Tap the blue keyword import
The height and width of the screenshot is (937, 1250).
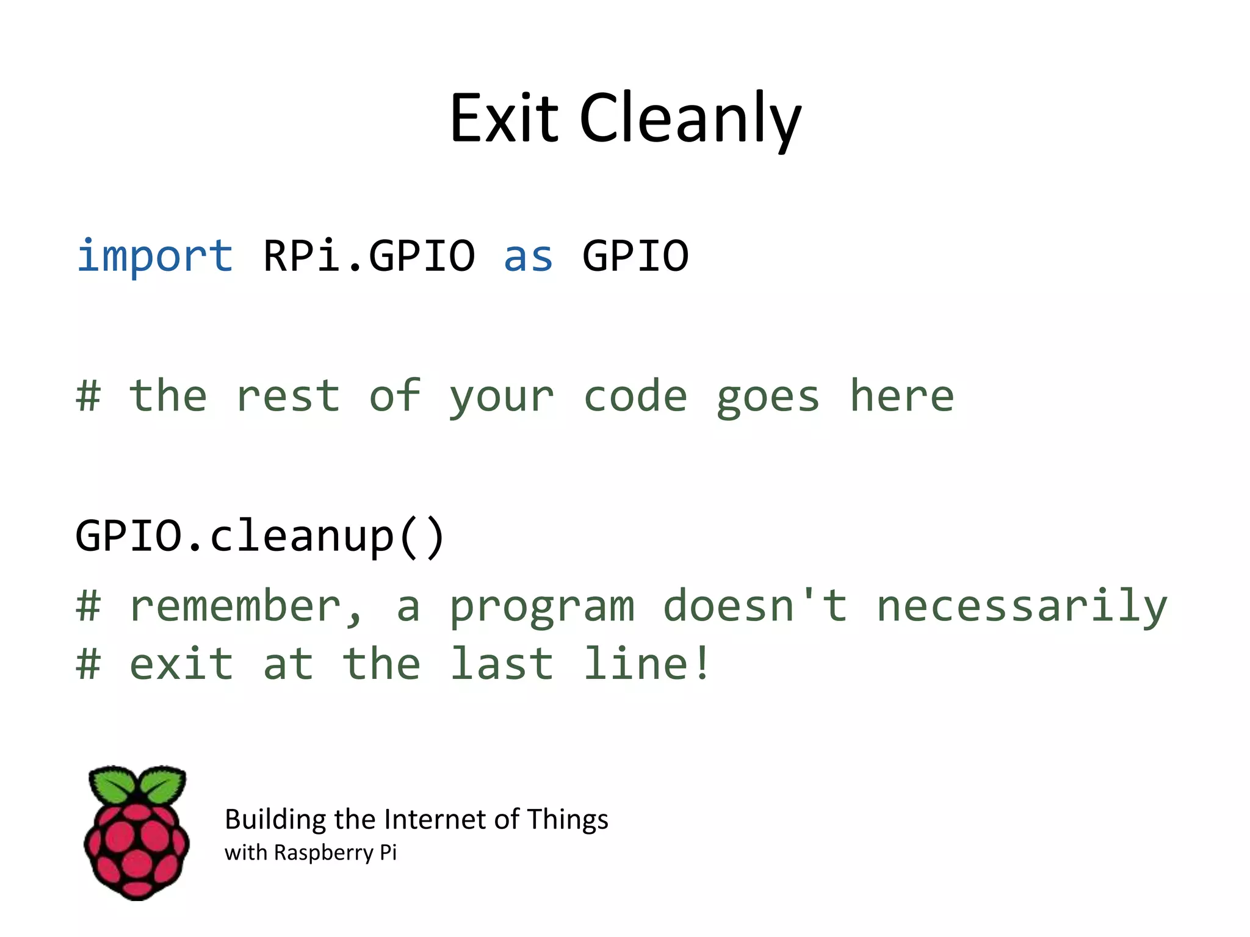[155, 256]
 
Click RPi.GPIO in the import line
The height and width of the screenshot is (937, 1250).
[369, 256]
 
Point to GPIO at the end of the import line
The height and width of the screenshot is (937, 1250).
[635, 256]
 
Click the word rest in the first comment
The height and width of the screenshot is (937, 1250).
[287, 396]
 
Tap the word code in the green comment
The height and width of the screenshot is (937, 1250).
[635, 396]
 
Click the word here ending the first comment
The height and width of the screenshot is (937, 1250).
[901, 396]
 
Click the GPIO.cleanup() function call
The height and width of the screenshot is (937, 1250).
[261, 536]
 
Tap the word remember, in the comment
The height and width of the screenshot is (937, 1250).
[245, 606]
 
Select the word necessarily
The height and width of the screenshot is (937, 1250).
[1022, 606]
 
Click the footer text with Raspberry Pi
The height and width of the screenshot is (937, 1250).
[311, 853]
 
